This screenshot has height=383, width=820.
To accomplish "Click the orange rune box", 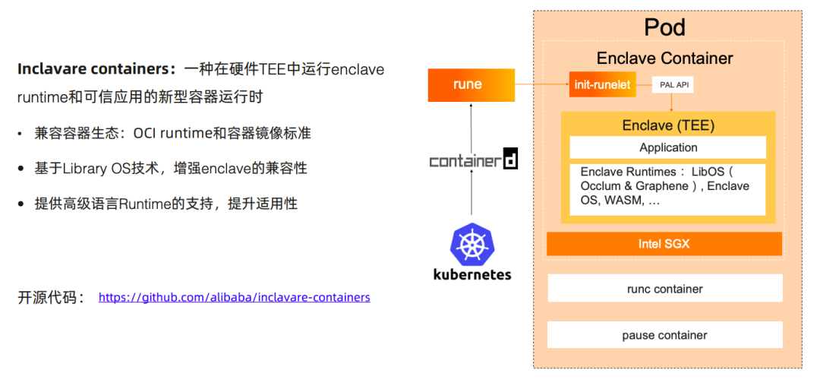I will coord(468,84).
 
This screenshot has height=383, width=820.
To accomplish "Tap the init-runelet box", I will coord(601,84).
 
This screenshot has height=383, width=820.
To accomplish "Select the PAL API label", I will coord(672,85).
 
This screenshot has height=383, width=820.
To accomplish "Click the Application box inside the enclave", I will coord(668,147).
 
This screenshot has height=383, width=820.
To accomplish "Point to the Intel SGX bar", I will coord(664,244).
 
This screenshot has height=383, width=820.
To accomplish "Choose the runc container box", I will coord(664,289).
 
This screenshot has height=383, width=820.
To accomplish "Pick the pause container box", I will coord(664,335).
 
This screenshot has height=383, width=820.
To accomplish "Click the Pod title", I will coord(664,28).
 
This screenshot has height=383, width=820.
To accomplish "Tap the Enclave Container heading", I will coord(664,59).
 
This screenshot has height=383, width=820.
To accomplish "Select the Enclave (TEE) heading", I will coord(668,125).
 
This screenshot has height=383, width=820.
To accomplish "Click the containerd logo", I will coord(473,160).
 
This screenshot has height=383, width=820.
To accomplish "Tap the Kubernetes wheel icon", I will coord(471,244).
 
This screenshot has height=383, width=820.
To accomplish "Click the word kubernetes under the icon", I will coord(471,274).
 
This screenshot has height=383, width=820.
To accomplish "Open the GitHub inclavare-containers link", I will coord(235,297).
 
